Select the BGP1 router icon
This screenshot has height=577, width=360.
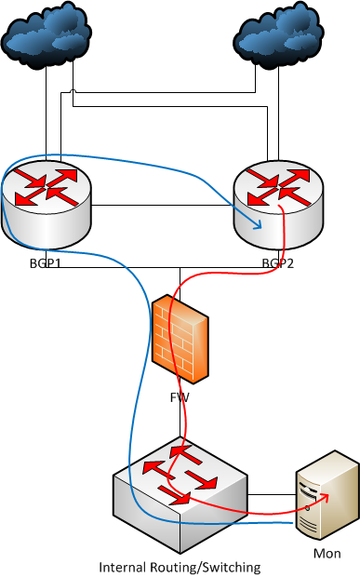[47, 200]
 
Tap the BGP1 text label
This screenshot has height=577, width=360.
[47, 263]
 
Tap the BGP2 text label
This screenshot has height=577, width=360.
[278, 263]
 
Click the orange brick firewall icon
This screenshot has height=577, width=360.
[180, 339]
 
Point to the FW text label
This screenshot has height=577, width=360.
[180, 396]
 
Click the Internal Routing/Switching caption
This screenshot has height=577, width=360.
[180, 566]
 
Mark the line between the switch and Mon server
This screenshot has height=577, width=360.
[271, 493]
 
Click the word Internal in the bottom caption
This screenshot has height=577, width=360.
[122, 566]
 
